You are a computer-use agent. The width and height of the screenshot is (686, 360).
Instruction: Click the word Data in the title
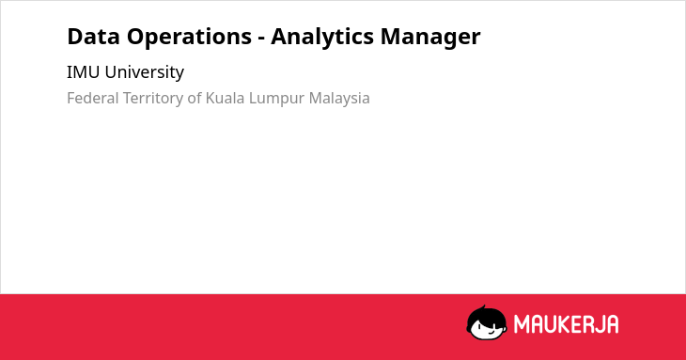tap(93, 37)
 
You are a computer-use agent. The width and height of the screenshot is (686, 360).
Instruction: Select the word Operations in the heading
tap(190, 38)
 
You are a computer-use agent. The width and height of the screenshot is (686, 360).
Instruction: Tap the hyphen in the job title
tap(261, 39)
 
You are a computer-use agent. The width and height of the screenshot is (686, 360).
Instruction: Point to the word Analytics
tap(322, 38)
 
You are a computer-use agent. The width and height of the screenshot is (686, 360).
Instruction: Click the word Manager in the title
tap(430, 38)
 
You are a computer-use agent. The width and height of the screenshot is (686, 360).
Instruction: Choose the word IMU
tap(83, 72)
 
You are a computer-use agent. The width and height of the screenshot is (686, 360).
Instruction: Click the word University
tap(145, 72)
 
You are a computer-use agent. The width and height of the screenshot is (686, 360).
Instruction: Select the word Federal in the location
tap(93, 98)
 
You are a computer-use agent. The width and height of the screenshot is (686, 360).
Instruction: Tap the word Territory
tap(153, 99)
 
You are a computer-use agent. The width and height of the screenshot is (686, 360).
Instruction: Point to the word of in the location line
tap(195, 98)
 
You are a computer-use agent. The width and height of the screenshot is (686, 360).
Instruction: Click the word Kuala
tap(225, 98)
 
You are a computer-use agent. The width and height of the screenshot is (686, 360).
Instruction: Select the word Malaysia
tap(339, 99)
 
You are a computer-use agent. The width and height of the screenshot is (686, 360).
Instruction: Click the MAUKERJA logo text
tap(566, 324)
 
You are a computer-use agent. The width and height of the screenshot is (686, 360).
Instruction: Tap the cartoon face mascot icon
tap(487, 322)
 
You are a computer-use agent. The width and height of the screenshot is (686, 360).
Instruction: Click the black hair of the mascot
tap(486, 315)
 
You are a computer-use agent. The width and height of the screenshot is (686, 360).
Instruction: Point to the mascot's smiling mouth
tap(490, 333)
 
